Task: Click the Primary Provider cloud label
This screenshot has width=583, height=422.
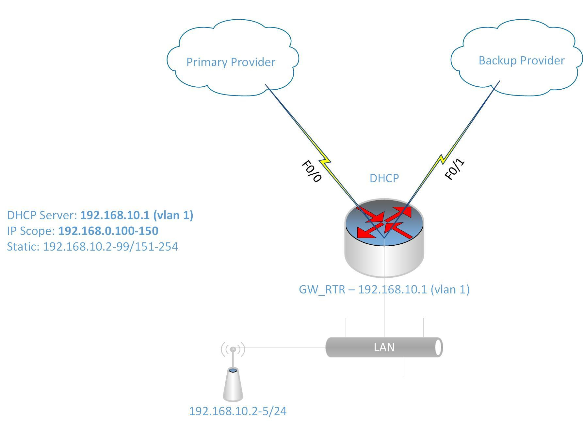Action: (231, 62)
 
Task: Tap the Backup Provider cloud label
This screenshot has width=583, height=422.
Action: (521, 61)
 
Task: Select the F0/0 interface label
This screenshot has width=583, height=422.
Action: (312, 171)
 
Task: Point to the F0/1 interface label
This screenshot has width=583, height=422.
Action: (454, 169)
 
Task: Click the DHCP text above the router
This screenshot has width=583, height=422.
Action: (384, 178)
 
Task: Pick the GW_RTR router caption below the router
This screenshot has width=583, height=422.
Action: (384, 290)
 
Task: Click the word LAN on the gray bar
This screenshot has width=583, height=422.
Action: (384, 347)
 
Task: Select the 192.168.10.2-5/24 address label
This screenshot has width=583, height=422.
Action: (238, 411)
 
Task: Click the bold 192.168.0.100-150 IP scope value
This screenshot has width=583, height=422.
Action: (108, 231)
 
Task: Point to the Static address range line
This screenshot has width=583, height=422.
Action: (92, 247)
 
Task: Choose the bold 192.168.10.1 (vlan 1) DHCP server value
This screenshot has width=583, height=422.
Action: (137, 215)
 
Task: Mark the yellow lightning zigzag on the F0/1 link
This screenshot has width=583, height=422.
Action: (442, 159)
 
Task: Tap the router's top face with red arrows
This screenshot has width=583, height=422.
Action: (384, 222)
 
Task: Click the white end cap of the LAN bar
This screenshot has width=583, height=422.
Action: (439, 347)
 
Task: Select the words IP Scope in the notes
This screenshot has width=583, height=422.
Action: (31, 231)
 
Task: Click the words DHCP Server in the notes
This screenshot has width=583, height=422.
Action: (42, 215)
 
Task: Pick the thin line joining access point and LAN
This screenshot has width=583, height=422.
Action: (284, 347)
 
